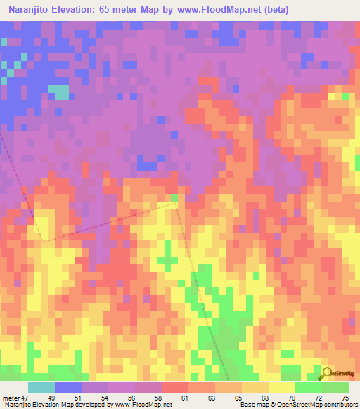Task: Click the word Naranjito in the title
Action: coord(32,11)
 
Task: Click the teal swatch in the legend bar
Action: coord(41,388)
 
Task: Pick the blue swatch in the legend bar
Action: coord(68,388)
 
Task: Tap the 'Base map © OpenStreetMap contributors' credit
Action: coord(297,405)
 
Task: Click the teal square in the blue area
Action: coord(62,93)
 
